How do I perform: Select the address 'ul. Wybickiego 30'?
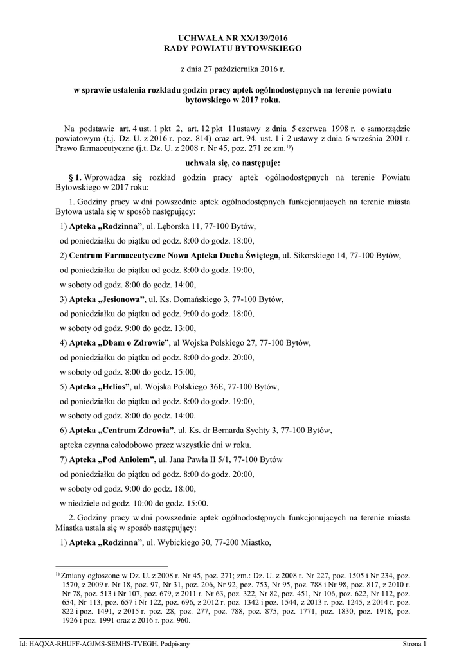click(184, 542)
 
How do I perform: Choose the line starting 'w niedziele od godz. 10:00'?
click(134, 502)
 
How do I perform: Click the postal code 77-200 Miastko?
click(244, 542)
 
